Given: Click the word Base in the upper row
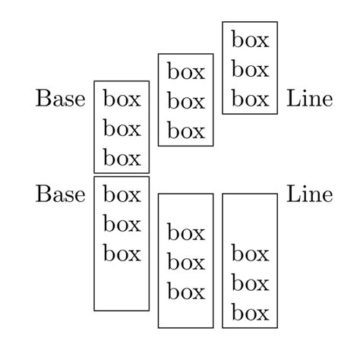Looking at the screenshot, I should click(x=60, y=99).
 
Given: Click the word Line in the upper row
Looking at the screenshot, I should click(x=309, y=99).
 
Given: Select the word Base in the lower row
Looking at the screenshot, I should click(x=60, y=194).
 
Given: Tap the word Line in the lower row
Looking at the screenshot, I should click(x=309, y=194).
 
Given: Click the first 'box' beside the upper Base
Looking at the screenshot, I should click(x=122, y=99).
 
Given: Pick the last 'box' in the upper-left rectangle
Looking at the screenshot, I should click(x=122, y=158).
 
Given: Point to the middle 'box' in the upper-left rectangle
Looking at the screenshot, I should click(x=122, y=128).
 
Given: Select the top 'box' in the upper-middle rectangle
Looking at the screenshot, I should click(x=186, y=72).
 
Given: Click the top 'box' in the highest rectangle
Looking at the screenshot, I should click(x=250, y=39).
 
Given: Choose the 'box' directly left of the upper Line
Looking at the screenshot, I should click(x=250, y=99).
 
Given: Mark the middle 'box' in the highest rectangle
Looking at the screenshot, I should click(x=250, y=69).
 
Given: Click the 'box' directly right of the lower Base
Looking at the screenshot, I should click(x=122, y=194).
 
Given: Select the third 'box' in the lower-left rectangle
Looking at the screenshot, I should click(x=122, y=253).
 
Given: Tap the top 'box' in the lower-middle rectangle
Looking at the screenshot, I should click(x=186, y=232).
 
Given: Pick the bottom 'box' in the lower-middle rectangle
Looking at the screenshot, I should click(x=186, y=291).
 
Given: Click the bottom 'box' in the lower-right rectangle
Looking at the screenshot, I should click(x=250, y=312).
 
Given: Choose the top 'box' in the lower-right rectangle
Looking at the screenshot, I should click(x=250, y=253).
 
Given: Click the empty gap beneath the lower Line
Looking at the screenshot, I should click(x=250, y=220).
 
